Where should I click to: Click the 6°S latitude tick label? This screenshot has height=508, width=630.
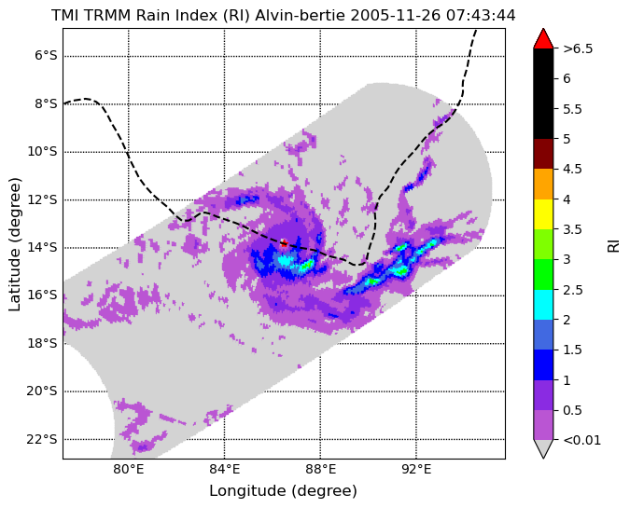46,55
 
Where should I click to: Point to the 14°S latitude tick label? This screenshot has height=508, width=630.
42,247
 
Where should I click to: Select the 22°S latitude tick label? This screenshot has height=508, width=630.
42,439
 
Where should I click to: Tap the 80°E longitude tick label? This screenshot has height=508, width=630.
128,469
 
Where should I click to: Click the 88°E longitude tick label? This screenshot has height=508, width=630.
320,469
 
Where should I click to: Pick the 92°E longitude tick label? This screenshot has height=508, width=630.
416,469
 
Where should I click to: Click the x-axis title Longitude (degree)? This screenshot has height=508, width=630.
283,490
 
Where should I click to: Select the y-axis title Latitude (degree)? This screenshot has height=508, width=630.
14,244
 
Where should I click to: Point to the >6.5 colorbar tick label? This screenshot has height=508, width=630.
578,48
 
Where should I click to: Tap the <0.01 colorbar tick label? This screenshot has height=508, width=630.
582,440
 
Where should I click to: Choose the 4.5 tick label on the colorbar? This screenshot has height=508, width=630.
572,169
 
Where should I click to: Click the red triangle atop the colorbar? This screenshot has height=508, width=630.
543,39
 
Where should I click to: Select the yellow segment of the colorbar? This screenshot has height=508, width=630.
543,214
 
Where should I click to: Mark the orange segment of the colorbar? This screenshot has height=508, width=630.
543,185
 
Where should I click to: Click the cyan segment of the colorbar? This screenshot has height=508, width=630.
543,305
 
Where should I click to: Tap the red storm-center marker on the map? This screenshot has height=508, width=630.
284,242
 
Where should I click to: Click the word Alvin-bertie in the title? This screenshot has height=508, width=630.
301,16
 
